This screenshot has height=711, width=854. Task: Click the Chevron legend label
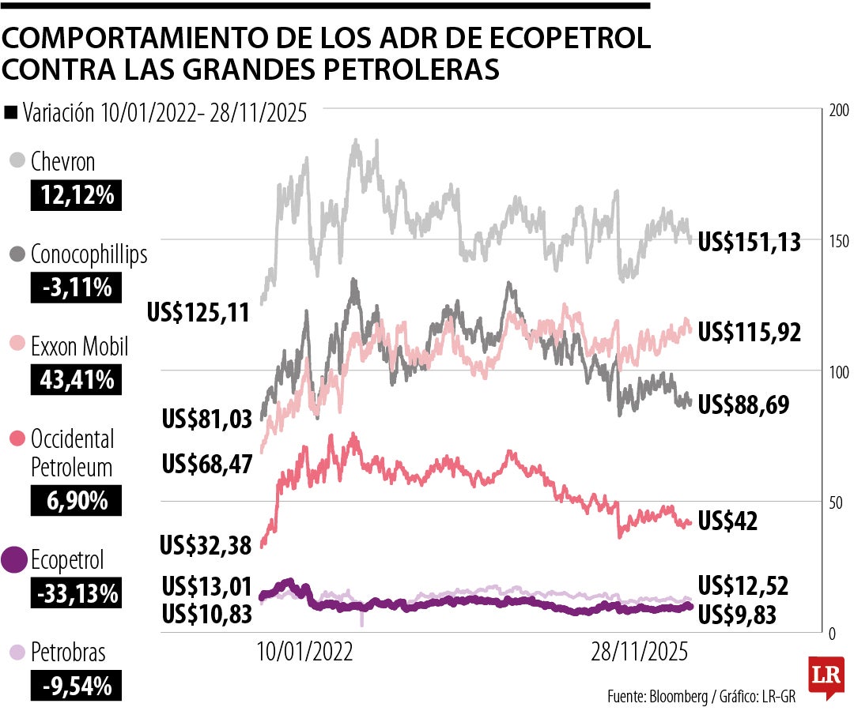coord(63,162)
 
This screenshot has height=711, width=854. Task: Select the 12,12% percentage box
coord(77,194)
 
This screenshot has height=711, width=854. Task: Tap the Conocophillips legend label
coord(89,254)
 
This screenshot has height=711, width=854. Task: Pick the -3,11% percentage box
coord(77,288)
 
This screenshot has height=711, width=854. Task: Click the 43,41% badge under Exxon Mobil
coord(77,380)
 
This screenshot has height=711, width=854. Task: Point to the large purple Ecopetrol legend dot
coord(15,560)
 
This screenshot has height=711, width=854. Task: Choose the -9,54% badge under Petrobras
coord(77,686)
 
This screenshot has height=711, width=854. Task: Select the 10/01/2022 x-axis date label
coord(305,653)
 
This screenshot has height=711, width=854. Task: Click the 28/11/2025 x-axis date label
coord(640,653)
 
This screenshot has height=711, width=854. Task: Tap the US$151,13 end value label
coord(749,242)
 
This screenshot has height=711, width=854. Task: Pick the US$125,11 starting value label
coord(198,313)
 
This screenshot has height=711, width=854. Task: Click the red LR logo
coord(823,675)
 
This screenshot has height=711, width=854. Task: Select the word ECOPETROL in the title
coord(555,39)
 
